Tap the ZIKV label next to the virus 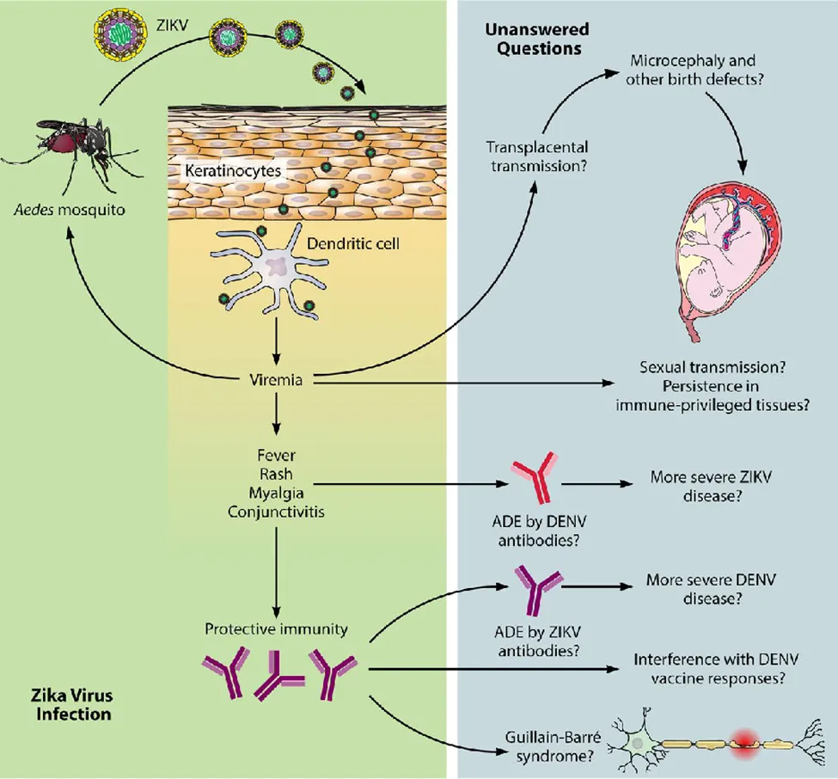pos(172,25)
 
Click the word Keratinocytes pos(233,170)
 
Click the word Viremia pos(276,380)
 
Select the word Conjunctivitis pos(276,512)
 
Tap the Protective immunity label pos(276,629)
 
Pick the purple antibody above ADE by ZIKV pos(536,589)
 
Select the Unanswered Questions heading pos(538,39)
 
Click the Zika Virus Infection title pos(73,704)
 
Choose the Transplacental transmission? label pos(538,156)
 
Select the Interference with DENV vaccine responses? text pos(717,668)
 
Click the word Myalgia pos(276,493)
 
